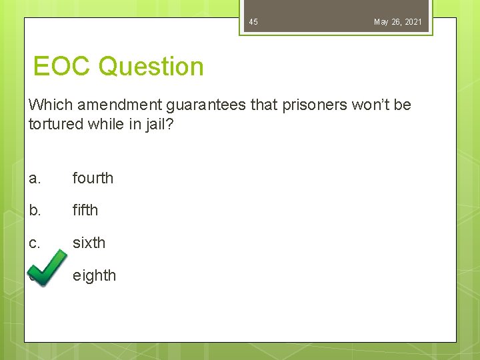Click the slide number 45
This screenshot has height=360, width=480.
point(253,22)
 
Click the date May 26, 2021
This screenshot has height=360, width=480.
point(397,22)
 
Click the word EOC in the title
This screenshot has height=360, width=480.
point(62,67)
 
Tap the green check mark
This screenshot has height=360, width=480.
point(47,269)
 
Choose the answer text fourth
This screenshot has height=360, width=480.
point(93,178)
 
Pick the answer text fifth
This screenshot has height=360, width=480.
point(85,210)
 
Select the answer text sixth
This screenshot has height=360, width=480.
point(89,243)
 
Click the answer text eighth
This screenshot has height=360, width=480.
point(94,275)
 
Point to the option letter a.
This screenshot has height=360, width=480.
point(35,178)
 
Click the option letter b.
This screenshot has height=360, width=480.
point(35,210)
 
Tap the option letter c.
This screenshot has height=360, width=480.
point(35,243)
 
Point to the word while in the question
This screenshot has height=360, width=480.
point(105,124)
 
